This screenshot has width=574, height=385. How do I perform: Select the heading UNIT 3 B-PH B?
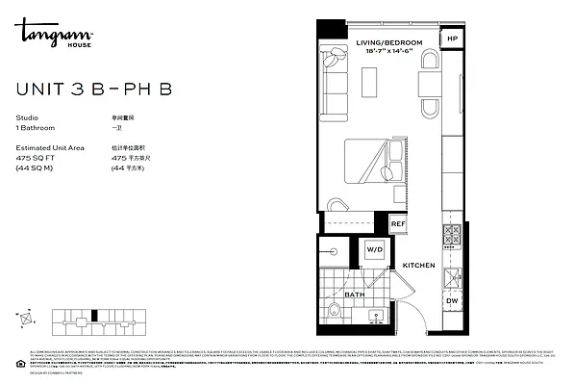(94, 90)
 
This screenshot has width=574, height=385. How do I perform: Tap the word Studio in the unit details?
(28, 118)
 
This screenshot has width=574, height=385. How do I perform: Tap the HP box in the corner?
(453, 39)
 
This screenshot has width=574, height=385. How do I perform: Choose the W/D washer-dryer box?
(374, 250)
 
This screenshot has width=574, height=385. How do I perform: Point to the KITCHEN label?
(418, 266)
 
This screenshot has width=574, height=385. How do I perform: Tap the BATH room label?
(355, 295)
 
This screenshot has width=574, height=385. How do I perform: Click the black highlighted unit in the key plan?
(96, 315)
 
